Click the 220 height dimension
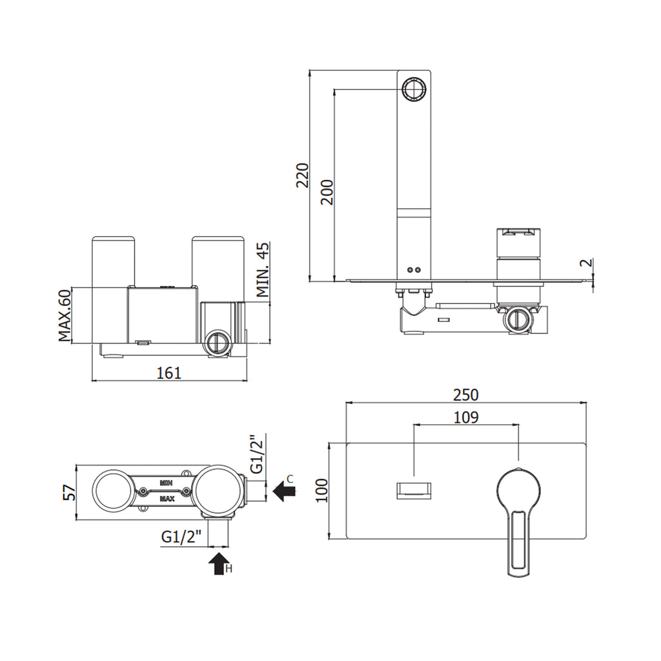click(x=303, y=175)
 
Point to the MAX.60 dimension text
click(x=65, y=316)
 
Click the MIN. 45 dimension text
click(x=263, y=270)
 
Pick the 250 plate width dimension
click(x=465, y=394)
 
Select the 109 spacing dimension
click(x=465, y=417)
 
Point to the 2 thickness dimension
click(x=584, y=263)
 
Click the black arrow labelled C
click(x=283, y=491)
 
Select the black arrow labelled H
click(x=219, y=563)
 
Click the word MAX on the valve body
click(x=166, y=498)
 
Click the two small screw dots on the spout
click(x=413, y=270)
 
